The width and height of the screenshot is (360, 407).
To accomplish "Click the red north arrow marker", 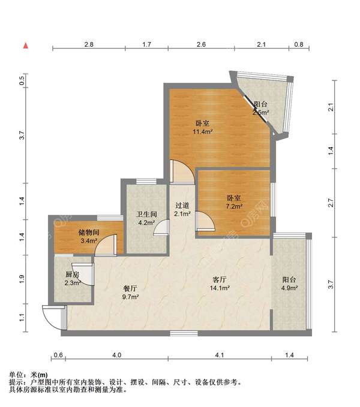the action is tap(26, 46).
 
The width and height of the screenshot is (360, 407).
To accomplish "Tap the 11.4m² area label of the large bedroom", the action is tap(203, 132).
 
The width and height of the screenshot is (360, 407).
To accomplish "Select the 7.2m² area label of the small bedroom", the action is tap(234, 206).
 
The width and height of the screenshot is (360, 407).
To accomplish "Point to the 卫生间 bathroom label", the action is tap(147, 214).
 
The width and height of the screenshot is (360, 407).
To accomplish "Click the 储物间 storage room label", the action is tap(89, 233).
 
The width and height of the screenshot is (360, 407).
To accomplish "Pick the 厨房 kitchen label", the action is tap(72, 275).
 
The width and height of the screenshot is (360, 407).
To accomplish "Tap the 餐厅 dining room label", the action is tap(130, 288).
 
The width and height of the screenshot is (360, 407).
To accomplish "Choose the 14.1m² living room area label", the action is tap(220, 288).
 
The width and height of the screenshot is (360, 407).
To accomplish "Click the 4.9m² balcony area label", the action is tap(289, 288).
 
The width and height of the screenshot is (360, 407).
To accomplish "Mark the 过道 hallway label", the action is tap(182, 206).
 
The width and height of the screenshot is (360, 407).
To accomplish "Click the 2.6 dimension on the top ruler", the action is tap(201, 44).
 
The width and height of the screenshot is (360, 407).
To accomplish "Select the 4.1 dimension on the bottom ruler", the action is tap(220, 355).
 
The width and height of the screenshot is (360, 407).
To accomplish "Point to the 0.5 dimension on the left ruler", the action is tap(22, 79).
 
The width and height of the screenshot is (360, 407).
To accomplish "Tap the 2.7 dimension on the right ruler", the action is tap(331, 203).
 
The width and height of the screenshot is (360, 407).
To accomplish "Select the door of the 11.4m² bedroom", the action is tap(182, 171).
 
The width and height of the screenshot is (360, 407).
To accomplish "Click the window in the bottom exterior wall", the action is tap(184, 333).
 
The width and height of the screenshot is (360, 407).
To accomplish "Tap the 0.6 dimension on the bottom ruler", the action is tap(58, 355).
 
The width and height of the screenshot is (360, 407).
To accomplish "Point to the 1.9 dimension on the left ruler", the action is tap(22, 279).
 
